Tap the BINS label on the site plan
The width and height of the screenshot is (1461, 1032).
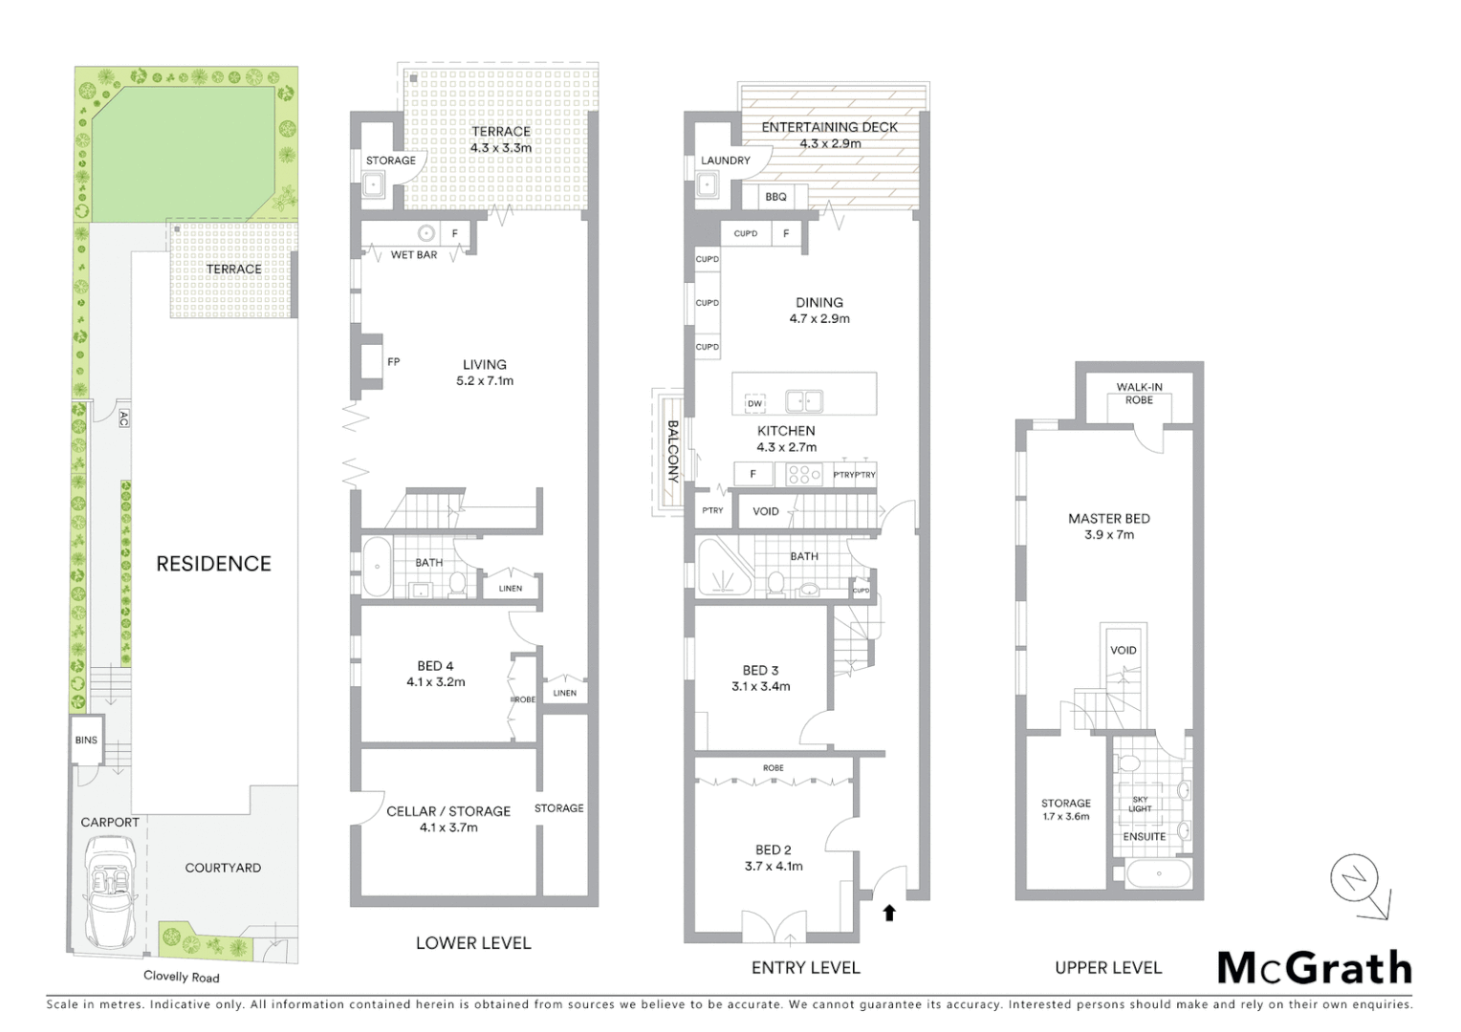86,741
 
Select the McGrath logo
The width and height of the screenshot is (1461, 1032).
1315,968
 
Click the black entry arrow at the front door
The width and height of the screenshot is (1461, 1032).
889,913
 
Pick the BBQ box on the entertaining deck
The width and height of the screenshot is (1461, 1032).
775,197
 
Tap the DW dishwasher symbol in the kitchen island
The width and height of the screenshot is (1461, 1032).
754,404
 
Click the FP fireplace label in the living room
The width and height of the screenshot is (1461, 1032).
393,362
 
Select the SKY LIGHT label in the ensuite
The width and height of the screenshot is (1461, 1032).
1140,805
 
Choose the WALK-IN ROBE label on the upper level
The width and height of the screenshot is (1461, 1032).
1139,394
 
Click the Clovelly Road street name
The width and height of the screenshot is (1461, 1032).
181,977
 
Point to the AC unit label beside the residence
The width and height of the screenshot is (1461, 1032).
123,418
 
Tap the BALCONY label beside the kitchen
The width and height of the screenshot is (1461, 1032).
672,451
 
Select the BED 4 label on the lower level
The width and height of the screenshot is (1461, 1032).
435,674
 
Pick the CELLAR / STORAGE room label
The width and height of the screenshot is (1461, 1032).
447,819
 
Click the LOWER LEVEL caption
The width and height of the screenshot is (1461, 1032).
472,943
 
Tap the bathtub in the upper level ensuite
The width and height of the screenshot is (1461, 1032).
1158,873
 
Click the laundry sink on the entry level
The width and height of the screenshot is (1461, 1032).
709,186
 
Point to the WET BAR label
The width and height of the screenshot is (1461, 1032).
414,255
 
